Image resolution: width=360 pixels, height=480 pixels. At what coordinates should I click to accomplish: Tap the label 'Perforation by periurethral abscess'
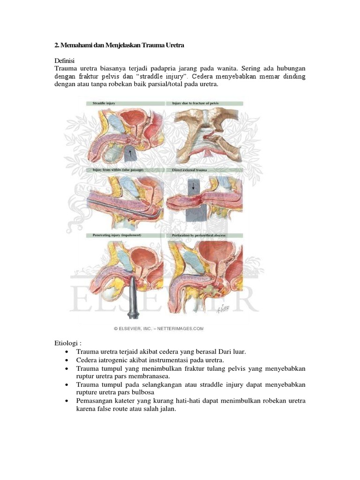click(x=195, y=234)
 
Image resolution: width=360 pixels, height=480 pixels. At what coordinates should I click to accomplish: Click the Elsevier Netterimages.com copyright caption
click(x=159, y=329)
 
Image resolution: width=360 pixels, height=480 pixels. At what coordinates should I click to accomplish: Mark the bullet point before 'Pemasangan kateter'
click(x=68, y=401)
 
